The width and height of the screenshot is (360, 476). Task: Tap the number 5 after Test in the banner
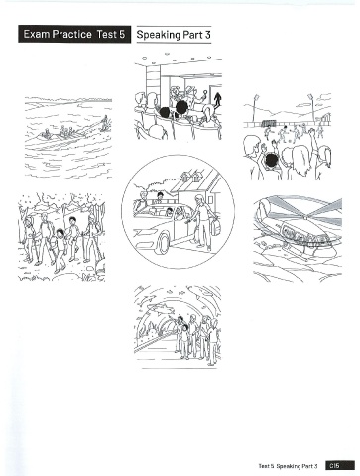[x=122, y=35]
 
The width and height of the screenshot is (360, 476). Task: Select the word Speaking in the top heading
[x=159, y=35]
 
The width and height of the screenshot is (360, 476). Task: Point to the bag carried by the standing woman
[x=215, y=227]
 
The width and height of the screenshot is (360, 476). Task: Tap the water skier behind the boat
[x=105, y=122]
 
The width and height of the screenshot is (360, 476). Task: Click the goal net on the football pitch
[x=269, y=123]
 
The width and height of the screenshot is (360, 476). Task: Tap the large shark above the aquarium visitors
[x=160, y=309]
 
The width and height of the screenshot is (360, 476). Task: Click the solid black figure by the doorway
[x=218, y=100]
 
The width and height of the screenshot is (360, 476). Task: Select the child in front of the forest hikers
[x=60, y=249]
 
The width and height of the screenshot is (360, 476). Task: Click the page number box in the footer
[x=340, y=465]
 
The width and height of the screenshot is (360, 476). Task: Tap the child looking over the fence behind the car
[x=160, y=197]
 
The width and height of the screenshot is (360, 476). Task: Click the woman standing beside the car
[x=201, y=221]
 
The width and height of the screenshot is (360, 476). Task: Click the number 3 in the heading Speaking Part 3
[x=207, y=35]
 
